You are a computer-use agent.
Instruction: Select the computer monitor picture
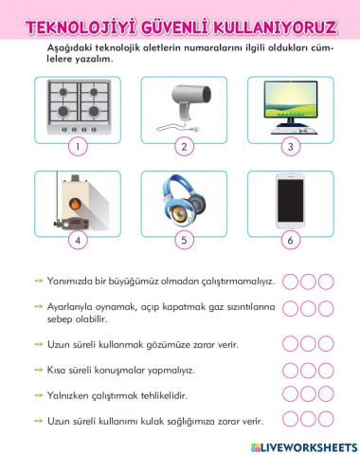tap(289, 107)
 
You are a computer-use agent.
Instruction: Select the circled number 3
tap(290, 147)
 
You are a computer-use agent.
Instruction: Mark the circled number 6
tap(290, 240)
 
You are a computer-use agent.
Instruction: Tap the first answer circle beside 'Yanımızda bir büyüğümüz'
tap(290, 282)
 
